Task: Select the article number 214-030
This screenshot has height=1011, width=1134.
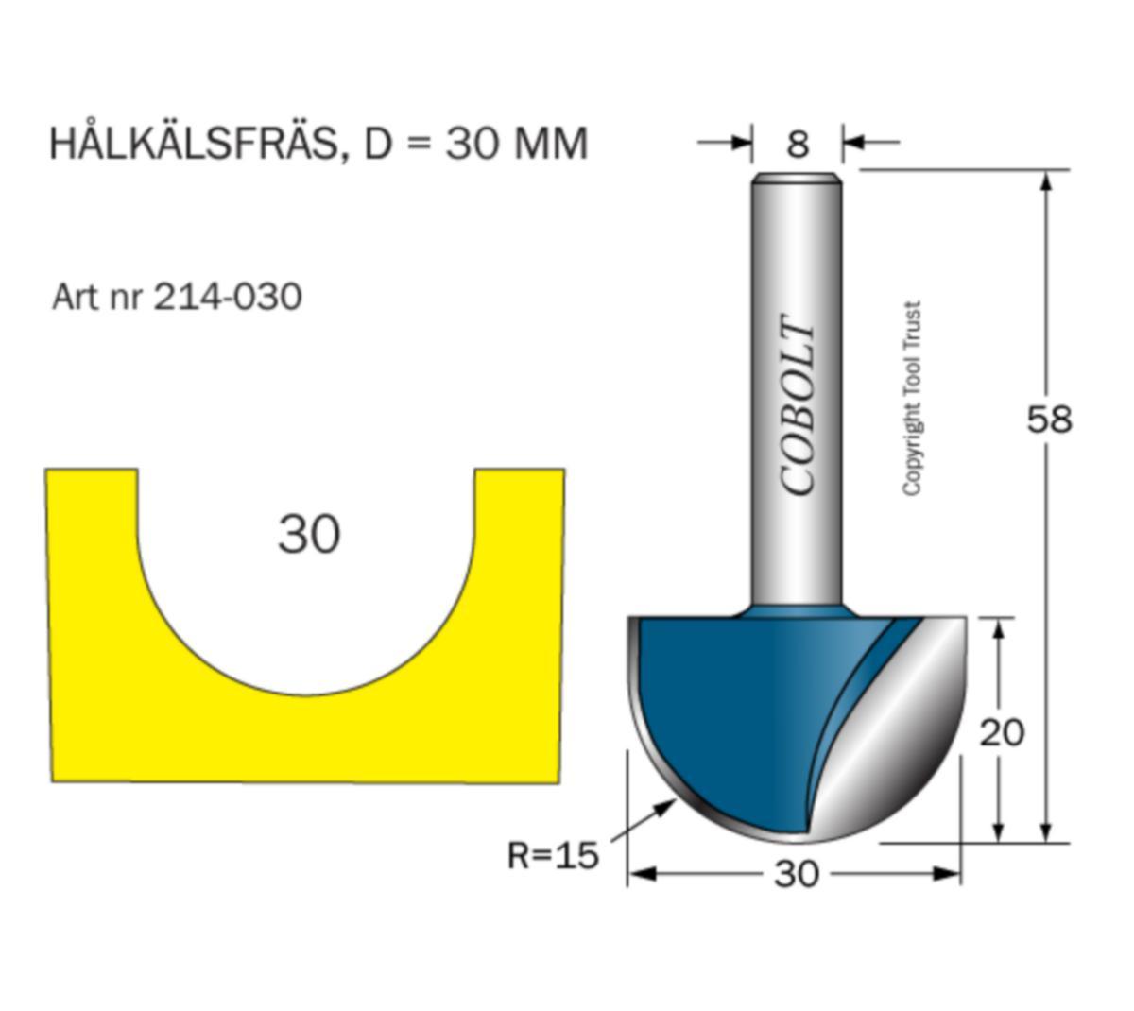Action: tap(227, 297)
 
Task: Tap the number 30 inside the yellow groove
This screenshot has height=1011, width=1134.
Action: tap(308, 535)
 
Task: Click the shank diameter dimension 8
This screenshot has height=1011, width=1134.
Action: tap(797, 144)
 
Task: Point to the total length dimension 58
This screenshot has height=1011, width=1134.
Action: tap(1048, 420)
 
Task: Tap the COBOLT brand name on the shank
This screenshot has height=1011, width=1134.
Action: tap(797, 404)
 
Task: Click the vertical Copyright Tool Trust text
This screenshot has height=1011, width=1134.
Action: tap(912, 399)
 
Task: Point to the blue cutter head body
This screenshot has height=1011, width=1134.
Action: tap(739, 706)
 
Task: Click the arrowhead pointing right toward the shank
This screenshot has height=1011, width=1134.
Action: tap(740, 142)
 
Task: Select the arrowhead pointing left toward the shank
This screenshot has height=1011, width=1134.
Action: tap(855, 142)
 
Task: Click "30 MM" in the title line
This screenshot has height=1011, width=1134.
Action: tap(516, 144)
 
